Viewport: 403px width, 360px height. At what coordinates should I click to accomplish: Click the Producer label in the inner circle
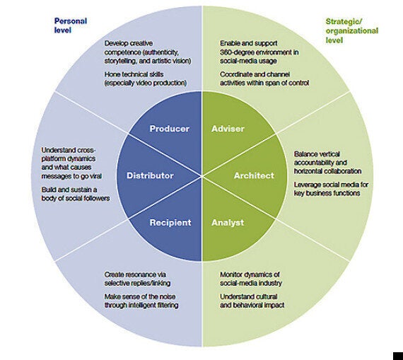pyautogui.click(x=170, y=129)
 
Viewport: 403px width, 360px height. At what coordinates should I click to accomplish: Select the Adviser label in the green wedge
pyautogui.click(x=228, y=129)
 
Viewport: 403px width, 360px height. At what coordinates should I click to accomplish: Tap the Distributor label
pyautogui.click(x=150, y=175)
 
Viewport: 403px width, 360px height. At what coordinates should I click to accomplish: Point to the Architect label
pyautogui.click(x=254, y=175)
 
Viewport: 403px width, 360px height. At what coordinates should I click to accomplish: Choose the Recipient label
pyautogui.click(x=170, y=223)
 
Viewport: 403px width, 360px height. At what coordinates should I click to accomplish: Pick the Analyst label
pyautogui.click(x=228, y=223)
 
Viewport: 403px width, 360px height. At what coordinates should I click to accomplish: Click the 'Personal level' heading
pyautogui.click(x=71, y=25)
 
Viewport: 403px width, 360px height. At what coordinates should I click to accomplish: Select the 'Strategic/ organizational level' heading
pyautogui.click(x=352, y=31)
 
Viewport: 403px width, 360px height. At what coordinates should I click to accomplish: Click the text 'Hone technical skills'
pyautogui.click(x=134, y=74)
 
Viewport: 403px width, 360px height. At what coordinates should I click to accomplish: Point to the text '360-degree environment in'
pyautogui.click(x=259, y=52)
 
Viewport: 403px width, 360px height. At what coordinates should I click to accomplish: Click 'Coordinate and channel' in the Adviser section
pyautogui.click(x=255, y=74)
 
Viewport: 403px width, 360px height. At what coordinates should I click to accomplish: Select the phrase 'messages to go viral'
pyautogui.click(x=71, y=176)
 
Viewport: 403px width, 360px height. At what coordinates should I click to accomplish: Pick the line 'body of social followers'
pyautogui.click(x=76, y=198)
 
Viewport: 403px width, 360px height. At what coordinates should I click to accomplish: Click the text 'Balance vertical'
pyautogui.click(x=317, y=154)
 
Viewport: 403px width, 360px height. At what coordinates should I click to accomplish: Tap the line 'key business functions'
pyautogui.click(x=327, y=193)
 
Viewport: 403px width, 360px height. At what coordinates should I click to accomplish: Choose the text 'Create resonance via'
pyautogui.click(x=135, y=274)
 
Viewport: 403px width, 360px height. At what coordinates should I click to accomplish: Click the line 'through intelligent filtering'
pyautogui.click(x=141, y=306)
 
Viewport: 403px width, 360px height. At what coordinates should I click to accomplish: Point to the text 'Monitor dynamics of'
pyautogui.click(x=250, y=274)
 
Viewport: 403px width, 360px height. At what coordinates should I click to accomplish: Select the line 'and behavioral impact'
pyautogui.click(x=252, y=306)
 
